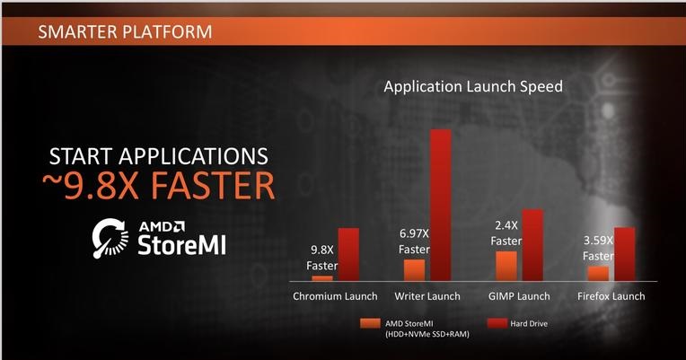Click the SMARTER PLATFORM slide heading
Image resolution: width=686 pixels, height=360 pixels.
click(125, 32)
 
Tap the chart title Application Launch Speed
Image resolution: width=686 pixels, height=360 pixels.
click(473, 86)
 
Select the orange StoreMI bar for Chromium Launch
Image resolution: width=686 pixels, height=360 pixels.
click(322, 278)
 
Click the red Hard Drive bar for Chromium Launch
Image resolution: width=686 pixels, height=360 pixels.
click(348, 254)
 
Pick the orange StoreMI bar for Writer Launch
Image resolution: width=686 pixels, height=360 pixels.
click(414, 270)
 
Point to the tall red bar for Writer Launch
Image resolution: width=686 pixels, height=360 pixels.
click(441, 205)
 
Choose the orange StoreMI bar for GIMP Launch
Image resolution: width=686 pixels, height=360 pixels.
click(506, 266)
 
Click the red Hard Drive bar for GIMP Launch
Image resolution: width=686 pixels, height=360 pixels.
click(532, 245)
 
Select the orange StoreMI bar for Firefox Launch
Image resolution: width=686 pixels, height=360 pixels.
click(598, 274)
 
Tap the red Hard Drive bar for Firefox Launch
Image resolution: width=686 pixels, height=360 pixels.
click(624, 254)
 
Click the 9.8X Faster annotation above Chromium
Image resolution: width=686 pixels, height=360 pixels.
click(322, 258)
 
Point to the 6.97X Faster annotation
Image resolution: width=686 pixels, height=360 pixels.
click(414, 241)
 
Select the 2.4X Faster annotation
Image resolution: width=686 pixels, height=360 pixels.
click(506, 233)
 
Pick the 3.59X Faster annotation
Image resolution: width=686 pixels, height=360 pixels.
click(598, 249)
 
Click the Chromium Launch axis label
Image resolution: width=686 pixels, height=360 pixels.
click(335, 296)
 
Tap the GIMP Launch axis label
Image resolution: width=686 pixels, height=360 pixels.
click(519, 296)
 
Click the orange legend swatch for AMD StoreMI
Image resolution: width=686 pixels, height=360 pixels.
click(370, 324)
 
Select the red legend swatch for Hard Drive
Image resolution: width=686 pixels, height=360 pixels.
click(497, 324)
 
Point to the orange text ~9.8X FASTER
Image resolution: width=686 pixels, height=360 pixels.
click(159, 186)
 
